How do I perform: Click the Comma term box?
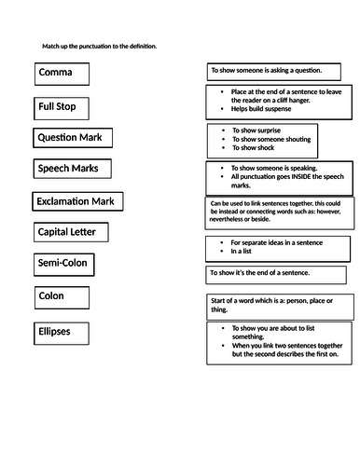[x=62, y=74]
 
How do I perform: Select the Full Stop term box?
[x=63, y=107]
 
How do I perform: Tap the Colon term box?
[x=62, y=298]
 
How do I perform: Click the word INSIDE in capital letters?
[x=303, y=176]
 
